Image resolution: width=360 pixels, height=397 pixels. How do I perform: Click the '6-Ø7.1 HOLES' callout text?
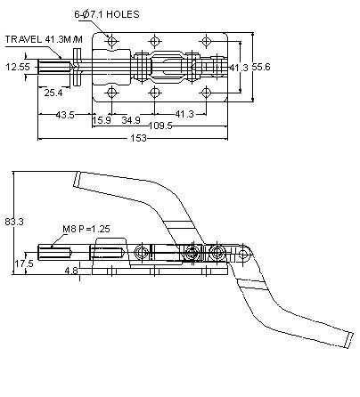[107, 14]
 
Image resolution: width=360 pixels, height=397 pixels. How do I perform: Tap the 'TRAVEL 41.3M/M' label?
[44, 39]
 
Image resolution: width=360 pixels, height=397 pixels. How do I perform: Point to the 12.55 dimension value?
[18, 67]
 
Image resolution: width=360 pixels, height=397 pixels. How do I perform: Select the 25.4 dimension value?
[53, 93]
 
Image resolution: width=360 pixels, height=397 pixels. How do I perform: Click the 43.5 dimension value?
[65, 115]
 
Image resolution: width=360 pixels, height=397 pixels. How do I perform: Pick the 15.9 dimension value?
[102, 120]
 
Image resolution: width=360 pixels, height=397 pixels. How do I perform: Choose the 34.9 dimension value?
[131, 120]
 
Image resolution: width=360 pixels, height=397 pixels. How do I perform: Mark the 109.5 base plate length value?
[160, 126]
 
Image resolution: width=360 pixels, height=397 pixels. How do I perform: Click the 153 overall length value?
[138, 138]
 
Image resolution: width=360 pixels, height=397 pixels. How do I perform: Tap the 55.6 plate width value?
[261, 67]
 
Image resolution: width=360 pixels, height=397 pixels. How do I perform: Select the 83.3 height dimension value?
[14, 222]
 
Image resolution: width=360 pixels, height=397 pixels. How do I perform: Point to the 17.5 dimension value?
[24, 263]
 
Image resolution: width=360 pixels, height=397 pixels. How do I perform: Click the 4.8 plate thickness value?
[71, 271]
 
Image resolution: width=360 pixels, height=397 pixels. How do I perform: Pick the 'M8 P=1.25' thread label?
[86, 229]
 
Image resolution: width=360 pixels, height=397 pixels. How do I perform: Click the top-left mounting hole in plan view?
[111, 41]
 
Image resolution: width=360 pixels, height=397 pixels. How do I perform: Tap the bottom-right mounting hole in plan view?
[206, 93]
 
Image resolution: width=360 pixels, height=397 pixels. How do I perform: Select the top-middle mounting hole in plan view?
[154, 41]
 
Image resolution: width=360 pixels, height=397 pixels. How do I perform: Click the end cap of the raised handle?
[77, 179]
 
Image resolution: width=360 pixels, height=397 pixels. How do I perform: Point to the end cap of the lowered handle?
[349, 340]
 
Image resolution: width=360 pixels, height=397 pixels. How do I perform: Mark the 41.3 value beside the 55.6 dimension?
[239, 68]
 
